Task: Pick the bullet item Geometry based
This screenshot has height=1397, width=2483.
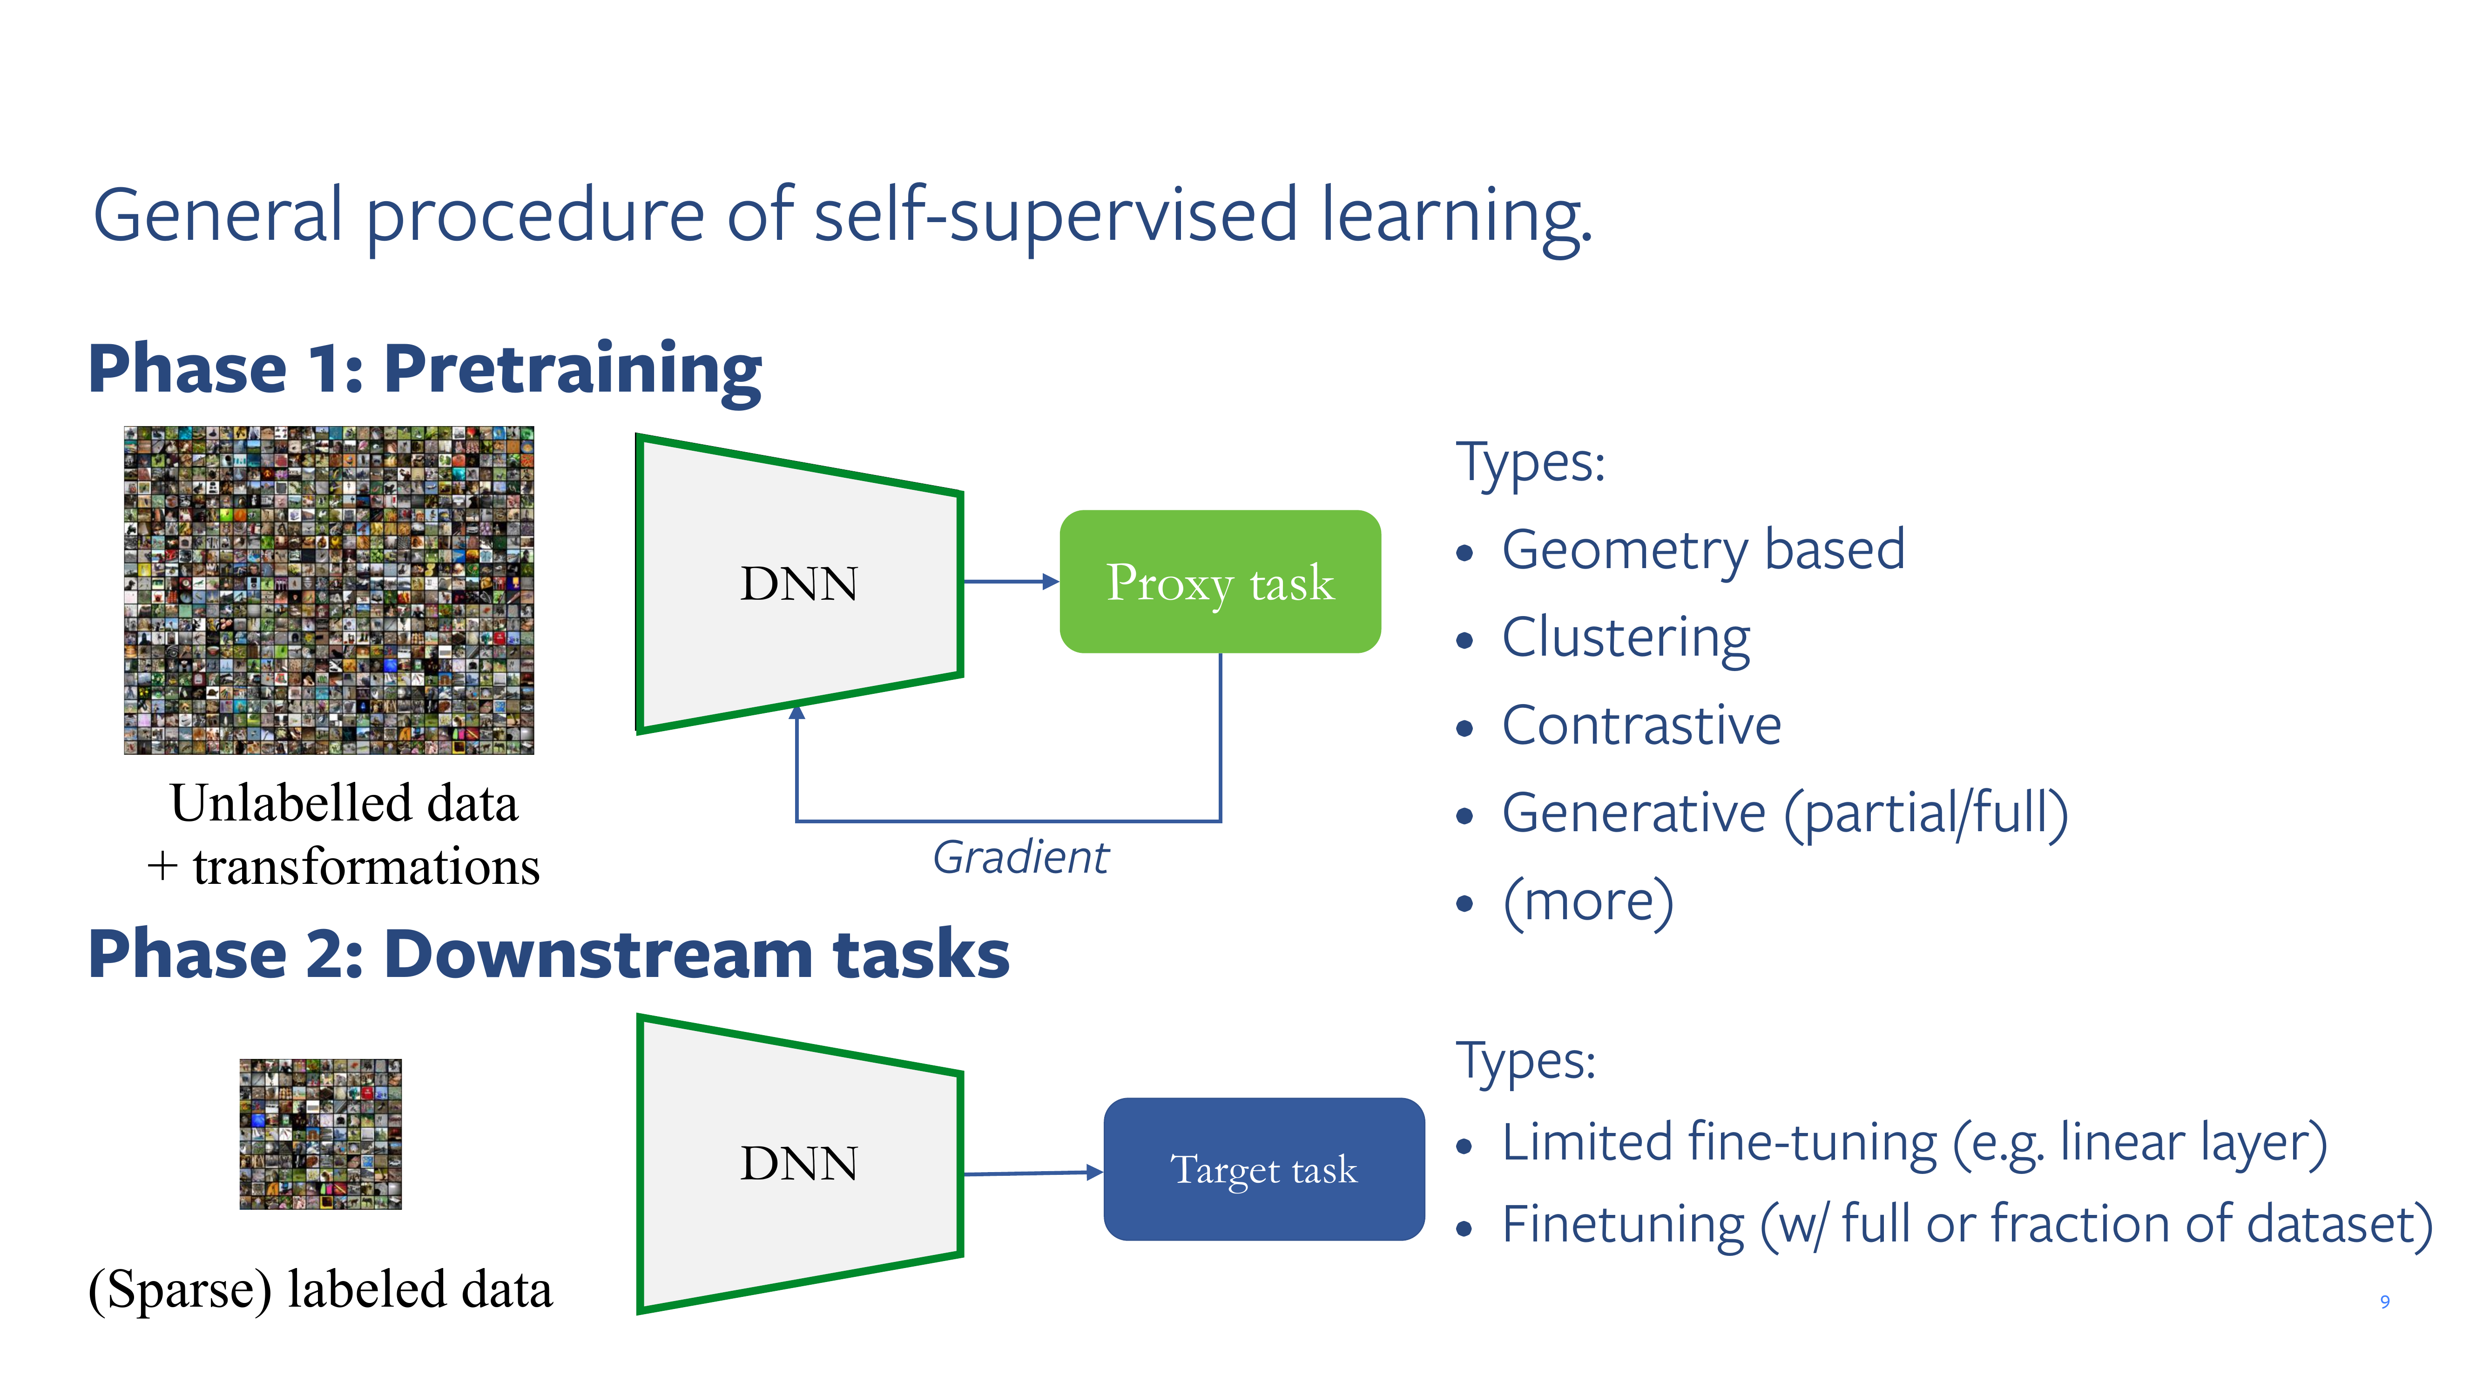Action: [1702, 549]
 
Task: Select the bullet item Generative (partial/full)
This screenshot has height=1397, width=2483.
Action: [1784, 813]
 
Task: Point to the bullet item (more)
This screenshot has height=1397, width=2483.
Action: [1587, 902]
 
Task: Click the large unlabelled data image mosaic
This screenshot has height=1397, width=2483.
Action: [329, 590]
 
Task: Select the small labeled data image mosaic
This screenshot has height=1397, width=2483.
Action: [320, 1134]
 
